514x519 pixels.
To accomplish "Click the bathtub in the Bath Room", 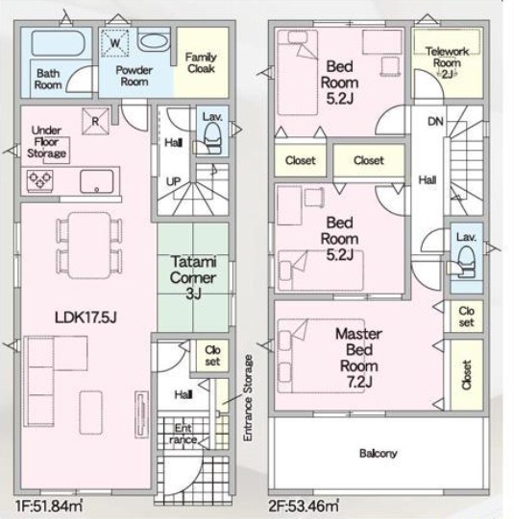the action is (58, 43).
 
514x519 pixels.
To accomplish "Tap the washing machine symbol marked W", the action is (114, 43).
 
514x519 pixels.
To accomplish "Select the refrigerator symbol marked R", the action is (95, 121).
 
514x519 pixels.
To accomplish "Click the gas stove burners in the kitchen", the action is (39, 180).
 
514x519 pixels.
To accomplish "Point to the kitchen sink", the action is (96, 181).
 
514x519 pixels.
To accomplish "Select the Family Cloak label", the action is (201, 63).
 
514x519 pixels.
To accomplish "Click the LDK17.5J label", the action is (86, 318).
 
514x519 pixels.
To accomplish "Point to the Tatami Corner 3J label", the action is (193, 277).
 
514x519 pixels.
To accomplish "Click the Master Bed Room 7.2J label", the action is (359, 358).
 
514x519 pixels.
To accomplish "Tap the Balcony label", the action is (379, 453).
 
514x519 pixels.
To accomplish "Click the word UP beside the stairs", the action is (173, 181).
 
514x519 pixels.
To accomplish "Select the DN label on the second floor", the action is (435, 122).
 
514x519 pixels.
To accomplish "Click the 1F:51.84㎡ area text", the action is (49, 507).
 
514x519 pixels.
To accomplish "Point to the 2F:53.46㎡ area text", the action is (304, 507).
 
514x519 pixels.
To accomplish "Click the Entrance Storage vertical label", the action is (248, 398).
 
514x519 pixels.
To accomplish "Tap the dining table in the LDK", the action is (89, 246).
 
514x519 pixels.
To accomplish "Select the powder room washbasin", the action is (154, 41).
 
